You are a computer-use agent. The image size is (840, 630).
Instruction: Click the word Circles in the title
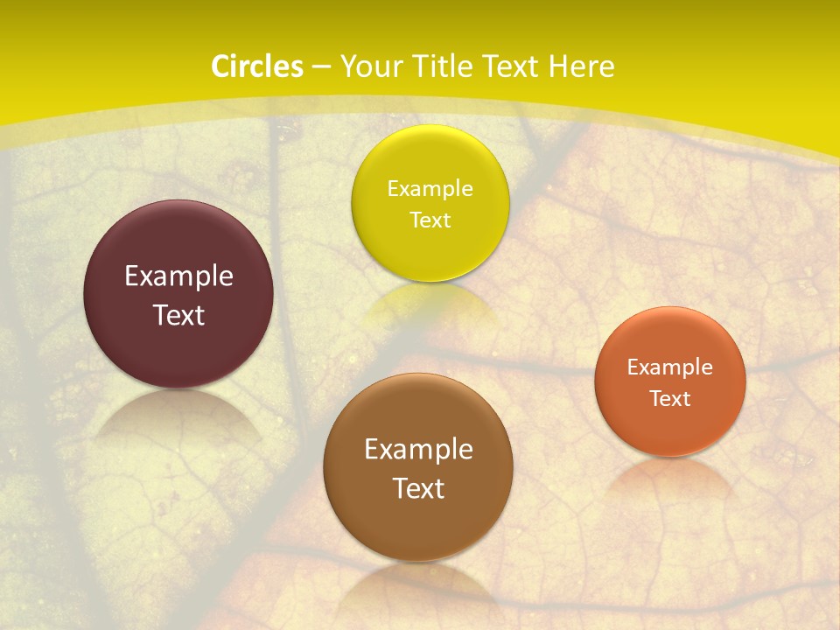tap(256, 66)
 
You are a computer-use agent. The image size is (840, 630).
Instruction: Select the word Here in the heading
tap(581, 66)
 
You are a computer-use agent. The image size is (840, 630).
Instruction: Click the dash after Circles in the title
tap(321, 67)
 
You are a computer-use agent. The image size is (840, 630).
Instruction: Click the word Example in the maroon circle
tap(178, 276)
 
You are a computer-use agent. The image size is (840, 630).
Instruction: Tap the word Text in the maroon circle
tap(178, 315)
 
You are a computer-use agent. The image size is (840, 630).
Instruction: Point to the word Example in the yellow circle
tap(430, 188)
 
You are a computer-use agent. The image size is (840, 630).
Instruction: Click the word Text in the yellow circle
tap(430, 220)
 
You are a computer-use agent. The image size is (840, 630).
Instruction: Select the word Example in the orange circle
tap(670, 367)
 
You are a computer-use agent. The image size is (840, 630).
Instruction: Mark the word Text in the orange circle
tap(670, 398)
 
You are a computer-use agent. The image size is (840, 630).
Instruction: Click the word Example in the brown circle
tap(418, 450)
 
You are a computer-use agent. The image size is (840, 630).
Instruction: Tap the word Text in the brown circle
tap(418, 488)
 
